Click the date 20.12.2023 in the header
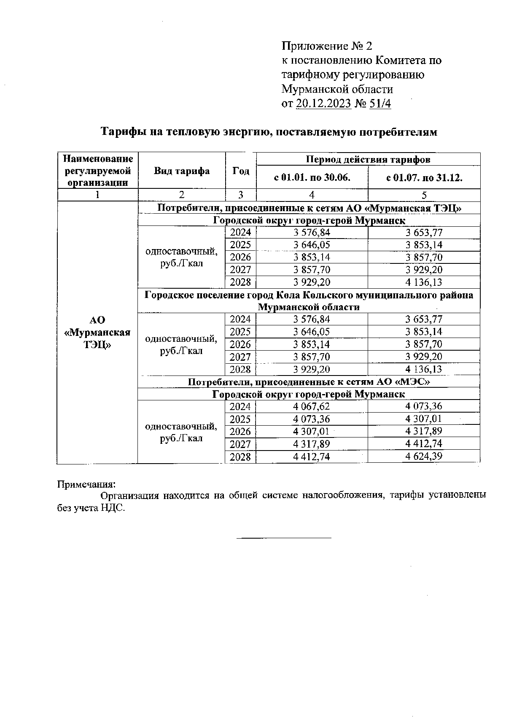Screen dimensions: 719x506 click(324, 104)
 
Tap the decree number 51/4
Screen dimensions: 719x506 click(380, 104)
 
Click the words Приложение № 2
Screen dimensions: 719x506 click(327, 46)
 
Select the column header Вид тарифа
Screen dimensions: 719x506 click(181, 171)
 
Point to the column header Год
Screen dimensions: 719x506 click(241, 171)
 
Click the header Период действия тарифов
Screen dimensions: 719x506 click(368, 159)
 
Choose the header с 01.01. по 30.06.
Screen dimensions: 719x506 click(312, 177)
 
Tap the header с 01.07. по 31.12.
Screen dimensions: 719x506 click(424, 177)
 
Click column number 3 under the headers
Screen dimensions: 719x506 click(241, 195)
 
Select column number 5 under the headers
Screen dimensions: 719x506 click(424, 195)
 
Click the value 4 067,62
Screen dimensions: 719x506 click(312, 407)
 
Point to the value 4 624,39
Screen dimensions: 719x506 click(424, 456)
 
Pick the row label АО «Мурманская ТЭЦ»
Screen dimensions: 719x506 click(97, 332)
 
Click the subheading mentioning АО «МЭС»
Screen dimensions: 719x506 click(309, 382)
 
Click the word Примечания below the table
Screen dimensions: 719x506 click(86, 484)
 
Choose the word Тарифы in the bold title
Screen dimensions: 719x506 click(120, 132)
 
